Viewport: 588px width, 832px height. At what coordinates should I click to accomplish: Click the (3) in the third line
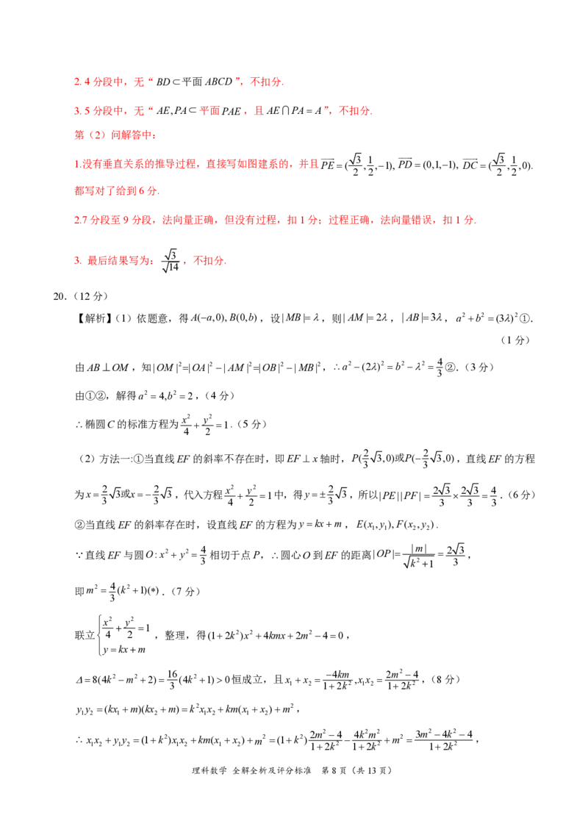(95, 136)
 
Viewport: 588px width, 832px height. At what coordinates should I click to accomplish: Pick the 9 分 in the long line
(121, 220)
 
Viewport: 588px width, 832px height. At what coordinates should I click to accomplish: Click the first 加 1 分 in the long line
(295, 220)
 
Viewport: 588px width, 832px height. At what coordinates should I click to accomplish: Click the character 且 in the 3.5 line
(259, 112)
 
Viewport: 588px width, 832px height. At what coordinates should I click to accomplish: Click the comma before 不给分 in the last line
(184, 263)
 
